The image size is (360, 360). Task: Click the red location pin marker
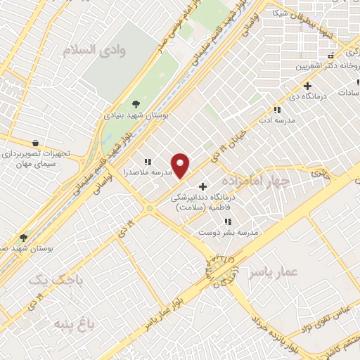181,165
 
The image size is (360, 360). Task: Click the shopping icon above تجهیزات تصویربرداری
34,142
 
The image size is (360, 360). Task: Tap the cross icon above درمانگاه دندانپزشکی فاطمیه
203,187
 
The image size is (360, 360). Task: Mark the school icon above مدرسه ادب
277,110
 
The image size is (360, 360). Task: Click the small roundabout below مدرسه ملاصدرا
149,208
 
